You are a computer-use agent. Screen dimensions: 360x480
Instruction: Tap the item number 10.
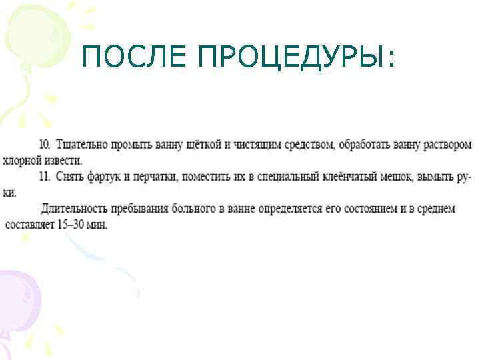tap(45, 144)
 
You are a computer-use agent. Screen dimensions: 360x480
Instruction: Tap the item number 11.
tap(45, 177)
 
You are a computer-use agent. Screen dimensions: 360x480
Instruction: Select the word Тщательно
tap(79, 144)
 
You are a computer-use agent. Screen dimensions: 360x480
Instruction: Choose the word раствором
tap(448, 144)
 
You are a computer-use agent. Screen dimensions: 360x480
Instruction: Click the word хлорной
tap(23, 161)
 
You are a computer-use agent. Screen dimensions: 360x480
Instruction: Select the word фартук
tap(102, 177)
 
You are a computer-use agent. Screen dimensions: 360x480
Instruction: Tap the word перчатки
tap(154, 177)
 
